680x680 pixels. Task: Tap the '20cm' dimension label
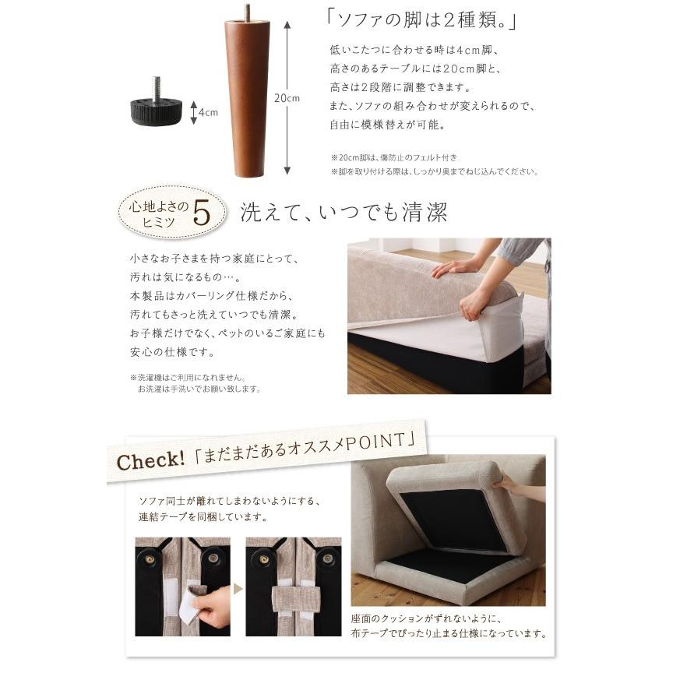pos(287,98)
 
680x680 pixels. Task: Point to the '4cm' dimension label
pos(208,113)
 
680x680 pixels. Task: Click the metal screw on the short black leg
pos(157,89)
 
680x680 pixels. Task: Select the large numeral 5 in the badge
pos(202,213)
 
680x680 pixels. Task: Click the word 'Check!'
pos(150,460)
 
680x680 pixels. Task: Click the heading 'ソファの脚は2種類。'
pos(421,20)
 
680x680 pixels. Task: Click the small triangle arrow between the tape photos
pos(238,589)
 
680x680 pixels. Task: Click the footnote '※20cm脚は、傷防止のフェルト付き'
pos(394,157)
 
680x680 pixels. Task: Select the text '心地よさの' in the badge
pos(159,207)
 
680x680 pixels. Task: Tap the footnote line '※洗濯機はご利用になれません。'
pos(188,377)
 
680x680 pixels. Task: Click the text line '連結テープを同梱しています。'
pos(203,517)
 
